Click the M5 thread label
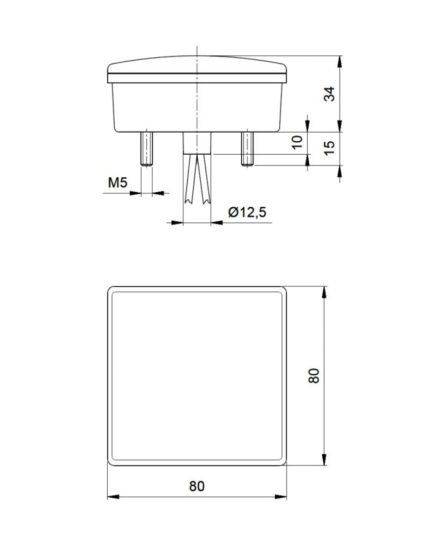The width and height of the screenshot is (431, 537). (x=117, y=183)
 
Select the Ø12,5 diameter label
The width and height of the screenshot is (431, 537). (x=247, y=213)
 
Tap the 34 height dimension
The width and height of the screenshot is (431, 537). (x=330, y=94)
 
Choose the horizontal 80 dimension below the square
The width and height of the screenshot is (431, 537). (x=197, y=487)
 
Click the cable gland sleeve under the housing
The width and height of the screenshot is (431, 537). (x=197, y=143)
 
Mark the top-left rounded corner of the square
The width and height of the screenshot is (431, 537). (x=111, y=291)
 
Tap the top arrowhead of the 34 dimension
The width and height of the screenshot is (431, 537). (x=339, y=60)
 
